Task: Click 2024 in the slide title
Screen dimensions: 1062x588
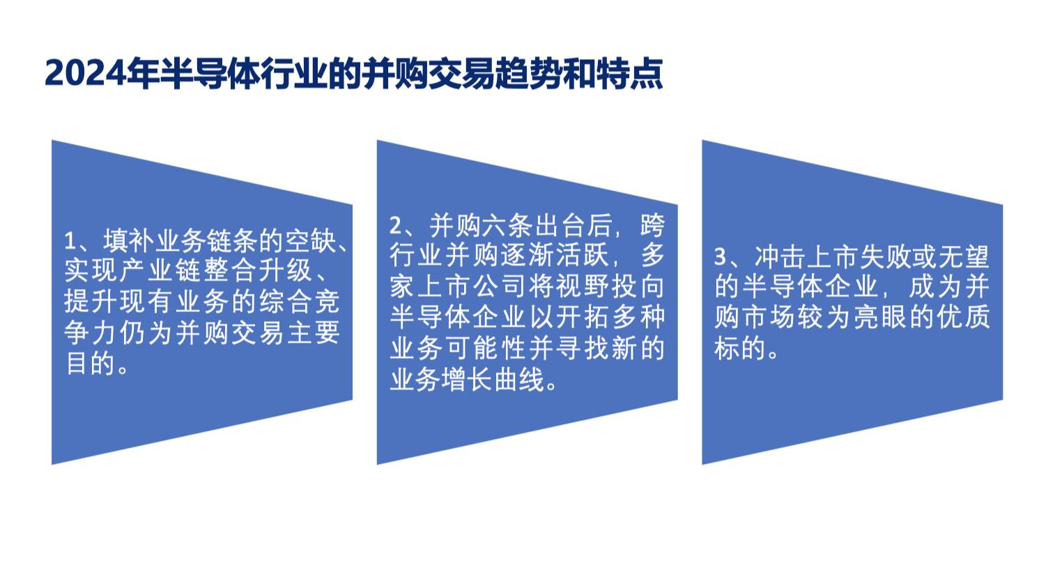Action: [x=86, y=74]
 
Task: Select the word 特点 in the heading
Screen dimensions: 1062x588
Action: [x=630, y=74]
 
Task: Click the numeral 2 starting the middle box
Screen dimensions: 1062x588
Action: [x=395, y=226]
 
